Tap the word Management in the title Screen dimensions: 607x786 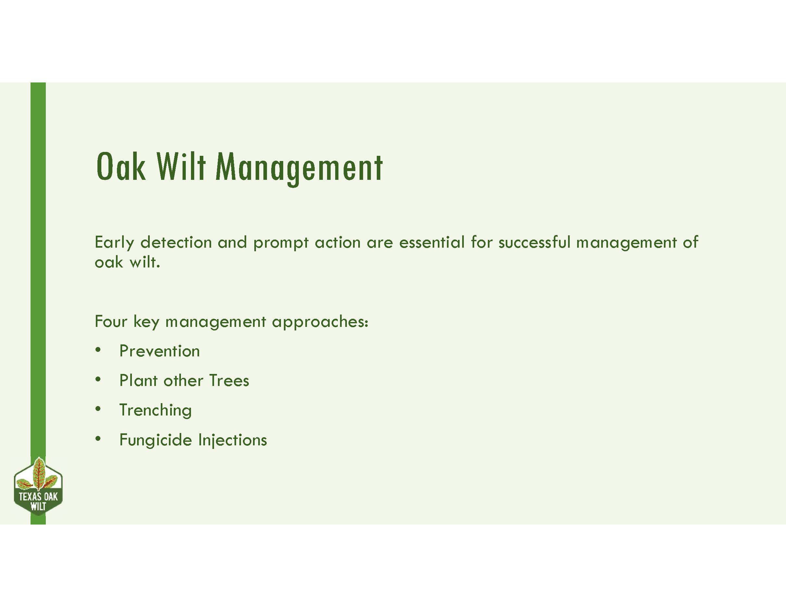tap(299, 167)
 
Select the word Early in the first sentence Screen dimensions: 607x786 tap(114, 243)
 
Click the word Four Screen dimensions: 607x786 tap(111, 321)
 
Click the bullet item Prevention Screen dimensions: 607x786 tap(159, 351)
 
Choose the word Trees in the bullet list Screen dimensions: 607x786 tap(229, 380)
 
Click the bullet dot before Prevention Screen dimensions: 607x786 tap(98, 350)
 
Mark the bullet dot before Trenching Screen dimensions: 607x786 tap(98, 409)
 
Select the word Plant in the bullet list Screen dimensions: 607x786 tap(139, 380)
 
